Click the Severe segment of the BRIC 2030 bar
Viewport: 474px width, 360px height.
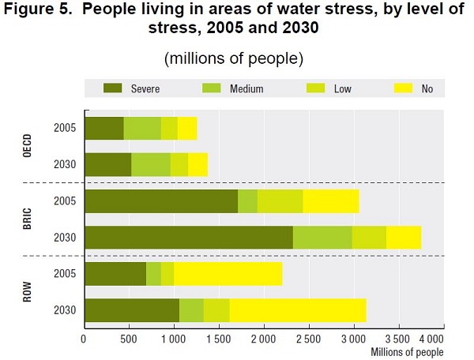(x=188, y=238)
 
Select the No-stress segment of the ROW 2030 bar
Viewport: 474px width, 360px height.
(x=298, y=310)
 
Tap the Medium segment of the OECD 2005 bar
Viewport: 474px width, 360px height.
(x=142, y=128)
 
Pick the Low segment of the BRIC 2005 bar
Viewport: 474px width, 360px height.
(x=280, y=201)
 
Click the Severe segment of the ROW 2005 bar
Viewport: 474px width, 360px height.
(x=115, y=274)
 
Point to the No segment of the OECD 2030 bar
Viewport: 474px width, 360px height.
(x=197, y=164)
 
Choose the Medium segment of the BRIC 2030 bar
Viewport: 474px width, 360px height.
(x=322, y=238)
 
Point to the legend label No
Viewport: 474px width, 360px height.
(x=427, y=89)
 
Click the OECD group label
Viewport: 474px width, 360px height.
(x=24, y=145)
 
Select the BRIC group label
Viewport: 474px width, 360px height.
(x=24, y=219)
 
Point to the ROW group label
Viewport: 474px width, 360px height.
(x=24, y=292)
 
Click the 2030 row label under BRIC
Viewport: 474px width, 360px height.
(x=64, y=238)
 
